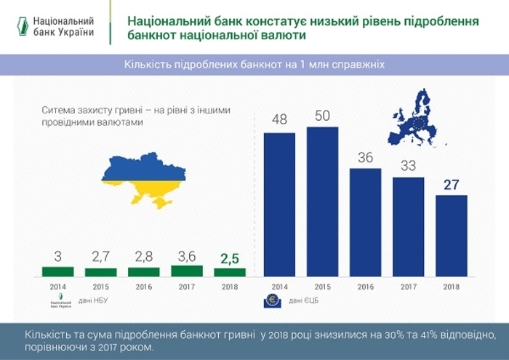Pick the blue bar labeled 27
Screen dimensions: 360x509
tap(450, 236)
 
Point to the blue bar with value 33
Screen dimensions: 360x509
tap(408, 226)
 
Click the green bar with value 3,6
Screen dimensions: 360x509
tap(186, 271)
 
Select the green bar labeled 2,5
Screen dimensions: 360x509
tap(229, 272)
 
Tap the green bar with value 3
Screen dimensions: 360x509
tap(57, 272)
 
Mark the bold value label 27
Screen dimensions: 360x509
tap(450, 185)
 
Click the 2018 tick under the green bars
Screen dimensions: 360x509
tap(229, 287)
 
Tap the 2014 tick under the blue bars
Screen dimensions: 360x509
tap(279, 287)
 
